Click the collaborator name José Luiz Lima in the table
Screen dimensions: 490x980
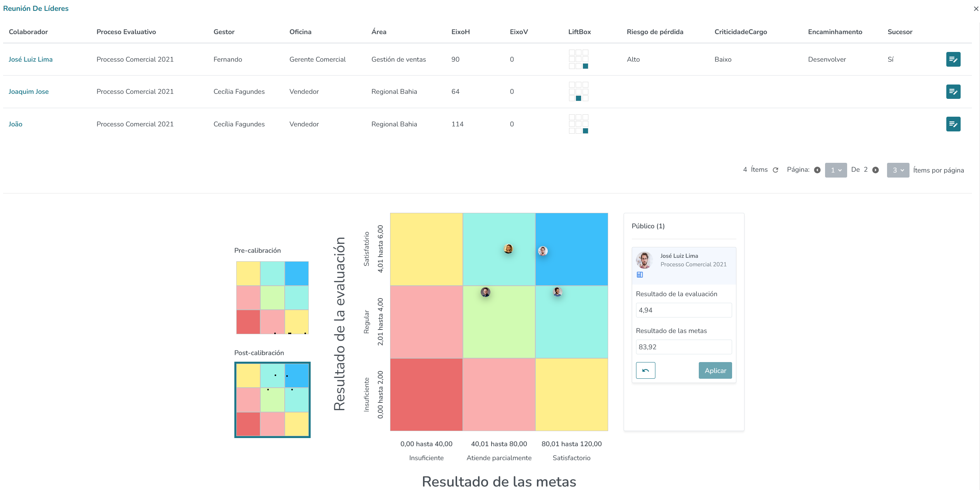tap(31, 59)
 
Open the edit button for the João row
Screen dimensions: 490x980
tap(953, 124)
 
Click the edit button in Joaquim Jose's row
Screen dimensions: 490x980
tap(953, 92)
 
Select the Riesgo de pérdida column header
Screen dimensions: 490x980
tap(655, 32)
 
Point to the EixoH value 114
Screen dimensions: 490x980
tap(457, 124)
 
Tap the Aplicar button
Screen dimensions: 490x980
tap(715, 371)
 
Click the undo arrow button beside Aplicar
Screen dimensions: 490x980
tap(645, 371)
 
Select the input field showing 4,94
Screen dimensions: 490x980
tap(684, 310)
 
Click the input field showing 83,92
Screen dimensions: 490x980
tap(684, 347)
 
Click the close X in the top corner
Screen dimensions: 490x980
tap(976, 9)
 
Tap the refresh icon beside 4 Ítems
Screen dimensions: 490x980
tap(775, 170)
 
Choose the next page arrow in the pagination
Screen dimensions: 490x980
tap(875, 170)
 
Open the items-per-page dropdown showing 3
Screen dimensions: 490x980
tap(898, 170)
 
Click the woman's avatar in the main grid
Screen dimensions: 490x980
tap(508, 249)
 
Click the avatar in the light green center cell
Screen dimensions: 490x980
tap(485, 292)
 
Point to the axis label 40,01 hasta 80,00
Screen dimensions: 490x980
tap(499, 444)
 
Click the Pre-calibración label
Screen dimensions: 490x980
tap(258, 250)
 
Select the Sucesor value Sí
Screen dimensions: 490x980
tap(891, 59)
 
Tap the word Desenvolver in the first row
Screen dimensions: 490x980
tap(827, 59)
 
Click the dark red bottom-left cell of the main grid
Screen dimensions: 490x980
tap(426, 395)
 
